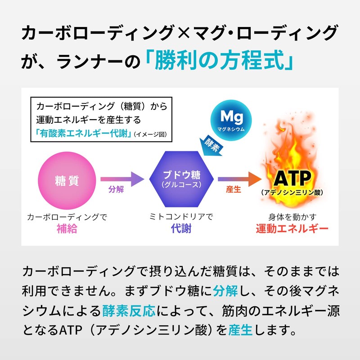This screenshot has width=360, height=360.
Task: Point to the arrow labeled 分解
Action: [121, 179]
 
